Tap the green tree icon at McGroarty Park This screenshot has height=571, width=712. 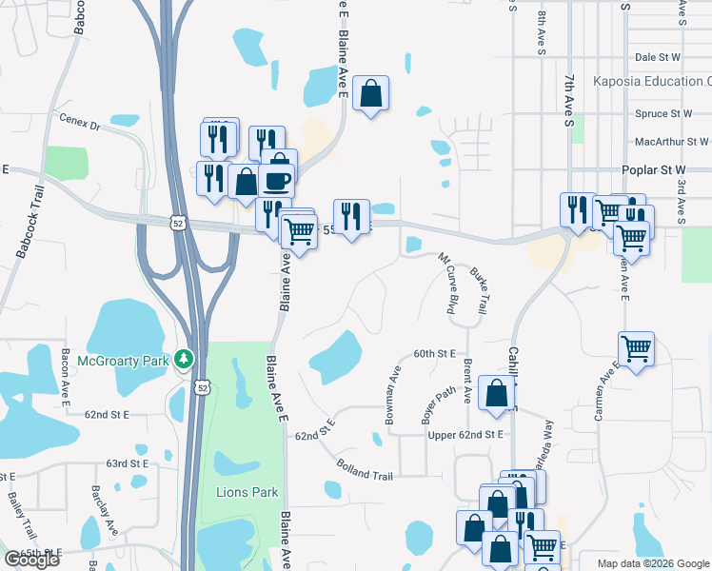[185, 360]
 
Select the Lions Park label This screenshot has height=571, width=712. [247, 492]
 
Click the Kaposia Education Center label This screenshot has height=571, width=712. [651, 82]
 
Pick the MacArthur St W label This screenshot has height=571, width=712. [671, 142]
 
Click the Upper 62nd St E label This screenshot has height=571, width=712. [465, 434]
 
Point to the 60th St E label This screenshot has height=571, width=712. [436, 353]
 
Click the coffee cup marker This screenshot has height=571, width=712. [277, 179]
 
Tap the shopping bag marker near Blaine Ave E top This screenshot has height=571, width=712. [371, 93]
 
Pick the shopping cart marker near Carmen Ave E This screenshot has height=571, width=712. [636, 347]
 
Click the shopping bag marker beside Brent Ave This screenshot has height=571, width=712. [497, 392]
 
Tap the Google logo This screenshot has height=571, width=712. [31, 560]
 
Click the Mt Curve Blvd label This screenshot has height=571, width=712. [445, 284]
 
